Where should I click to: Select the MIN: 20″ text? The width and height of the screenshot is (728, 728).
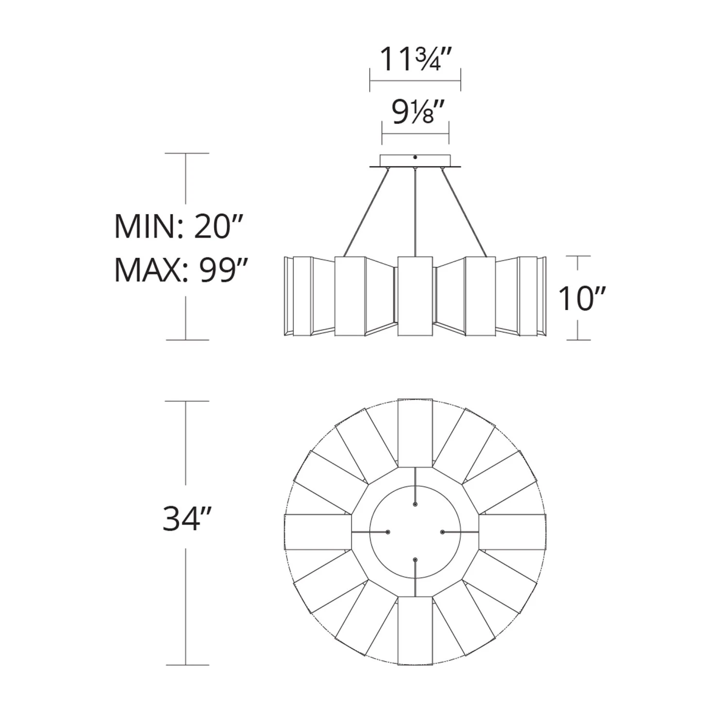point(178,227)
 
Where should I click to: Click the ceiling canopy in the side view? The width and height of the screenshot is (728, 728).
point(415,161)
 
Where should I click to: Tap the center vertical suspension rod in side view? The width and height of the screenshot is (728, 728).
point(415,212)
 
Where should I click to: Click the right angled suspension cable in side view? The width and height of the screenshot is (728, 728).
point(464,212)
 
